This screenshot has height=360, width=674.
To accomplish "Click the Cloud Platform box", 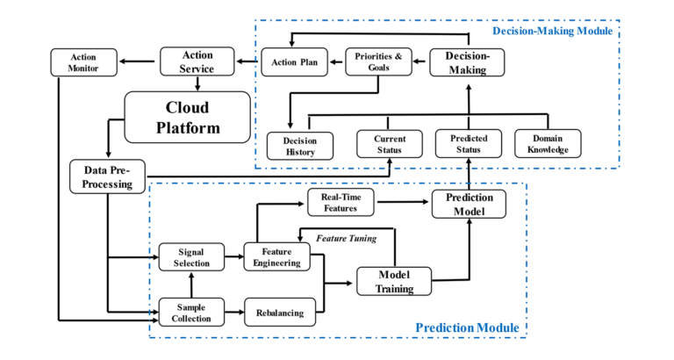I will click(x=188, y=116).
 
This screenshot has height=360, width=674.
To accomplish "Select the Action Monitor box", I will click(x=84, y=62).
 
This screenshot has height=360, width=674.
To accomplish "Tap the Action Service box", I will click(x=197, y=61).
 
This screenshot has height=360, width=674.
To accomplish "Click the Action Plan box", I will click(x=294, y=62).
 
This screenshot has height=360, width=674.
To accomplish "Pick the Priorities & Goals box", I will click(x=378, y=62).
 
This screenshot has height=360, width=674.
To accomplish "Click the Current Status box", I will click(x=390, y=144).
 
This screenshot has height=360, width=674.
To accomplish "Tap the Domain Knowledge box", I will click(x=548, y=144).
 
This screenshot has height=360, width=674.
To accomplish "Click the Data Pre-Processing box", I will click(x=107, y=177).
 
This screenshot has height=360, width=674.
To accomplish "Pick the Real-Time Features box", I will click(x=340, y=202).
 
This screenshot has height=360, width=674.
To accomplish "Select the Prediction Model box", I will click(x=469, y=203).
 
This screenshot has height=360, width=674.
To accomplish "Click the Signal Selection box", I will click(x=190, y=257).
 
